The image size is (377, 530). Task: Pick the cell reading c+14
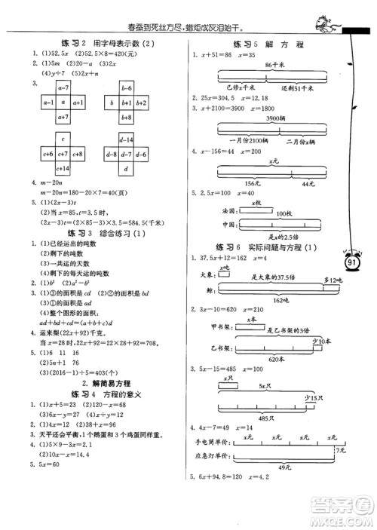click(x=63, y=167)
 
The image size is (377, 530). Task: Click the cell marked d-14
click(x=127, y=140)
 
